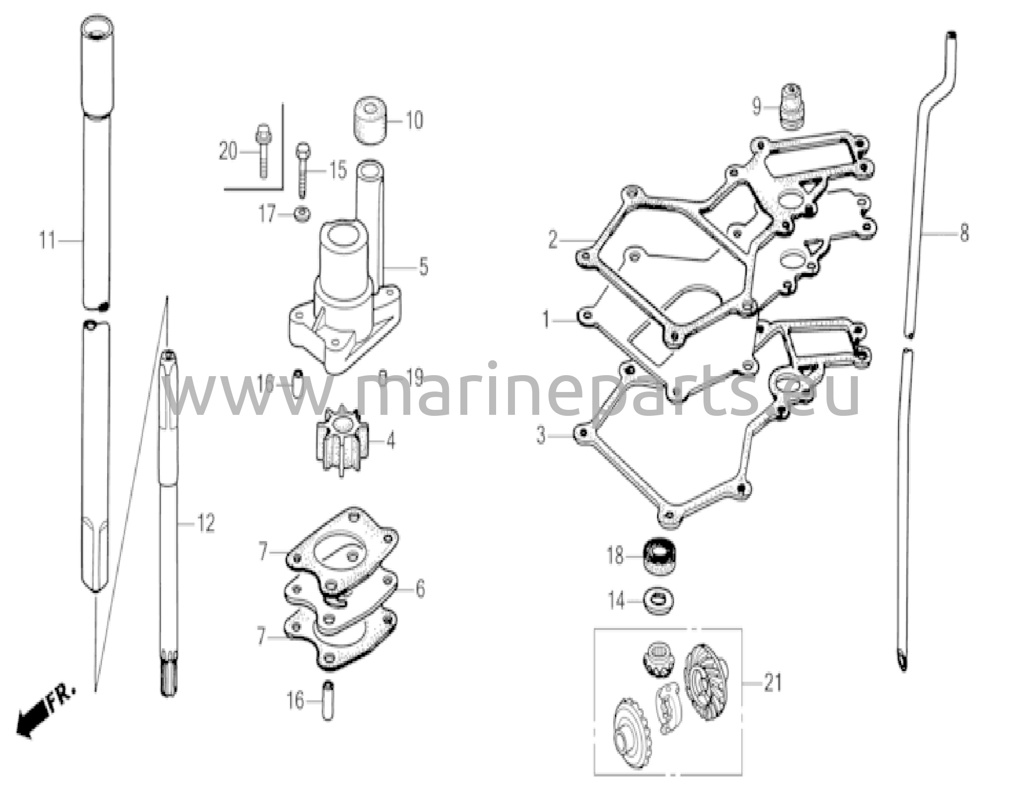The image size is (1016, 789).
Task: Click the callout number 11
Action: click(47, 241)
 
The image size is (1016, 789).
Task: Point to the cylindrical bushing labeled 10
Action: click(370, 122)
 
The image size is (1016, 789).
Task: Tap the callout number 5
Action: click(423, 267)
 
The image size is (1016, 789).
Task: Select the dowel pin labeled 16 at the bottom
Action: click(327, 700)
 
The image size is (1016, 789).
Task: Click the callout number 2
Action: click(553, 240)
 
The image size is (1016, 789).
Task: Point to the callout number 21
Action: click(772, 683)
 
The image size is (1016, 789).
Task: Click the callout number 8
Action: click(964, 232)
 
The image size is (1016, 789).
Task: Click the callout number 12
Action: click(205, 523)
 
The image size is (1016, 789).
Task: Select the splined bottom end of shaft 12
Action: click(169, 677)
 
